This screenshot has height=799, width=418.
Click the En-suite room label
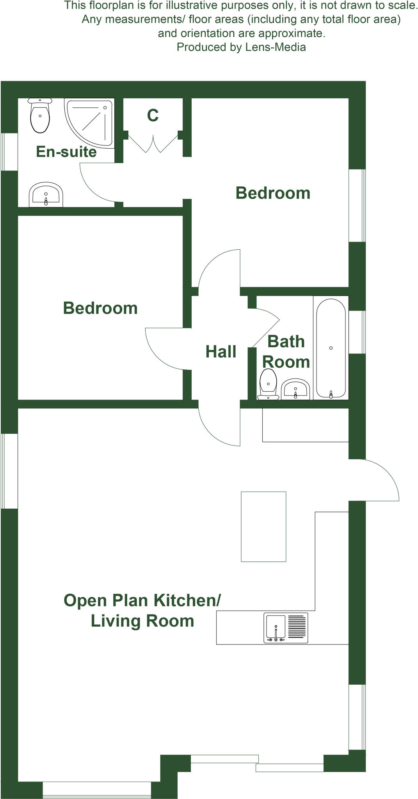pyautogui.click(x=66, y=152)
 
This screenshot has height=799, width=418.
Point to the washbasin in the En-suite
pyautogui.click(x=46, y=195)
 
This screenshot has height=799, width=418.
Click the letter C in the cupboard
pyautogui.click(x=153, y=115)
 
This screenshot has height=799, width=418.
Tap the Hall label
pyautogui.click(x=221, y=352)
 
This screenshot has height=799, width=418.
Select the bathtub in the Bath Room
pyautogui.click(x=331, y=348)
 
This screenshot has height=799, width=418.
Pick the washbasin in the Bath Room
pyautogui.click(x=295, y=389)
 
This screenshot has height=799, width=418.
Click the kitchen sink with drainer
pyautogui.click(x=286, y=628)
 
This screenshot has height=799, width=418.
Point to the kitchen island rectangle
pyautogui.click(x=263, y=527)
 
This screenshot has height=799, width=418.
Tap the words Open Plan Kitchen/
pyautogui.click(x=142, y=600)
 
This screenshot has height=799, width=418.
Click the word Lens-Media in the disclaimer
pyautogui.click(x=275, y=47)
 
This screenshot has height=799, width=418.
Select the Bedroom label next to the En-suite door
pyautogui.click(x=273, y=194)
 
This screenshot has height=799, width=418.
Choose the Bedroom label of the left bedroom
pyautogui.click(x=100, y=308)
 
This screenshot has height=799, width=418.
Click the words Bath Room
pyautogui.click(x=286, y=352)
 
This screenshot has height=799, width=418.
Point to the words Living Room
pyautogui.click(x=142, y=621)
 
